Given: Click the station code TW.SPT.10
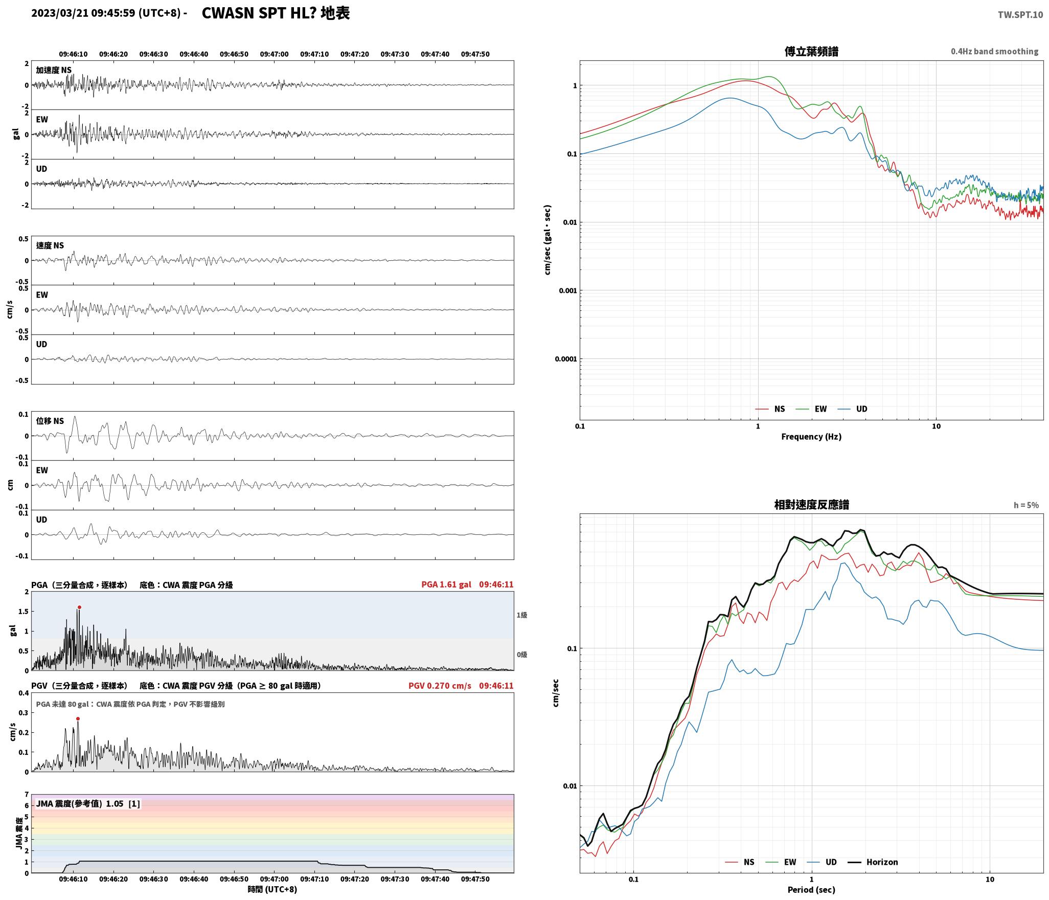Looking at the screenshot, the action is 1020,15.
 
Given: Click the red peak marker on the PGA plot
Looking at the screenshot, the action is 79,607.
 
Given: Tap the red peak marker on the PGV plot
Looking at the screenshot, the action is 78,719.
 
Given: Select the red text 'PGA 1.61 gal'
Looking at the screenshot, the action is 446,584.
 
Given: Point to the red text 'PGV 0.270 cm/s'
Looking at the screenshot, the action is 440,686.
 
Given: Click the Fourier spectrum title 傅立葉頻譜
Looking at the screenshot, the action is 811,52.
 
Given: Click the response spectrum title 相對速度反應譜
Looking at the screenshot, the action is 811,505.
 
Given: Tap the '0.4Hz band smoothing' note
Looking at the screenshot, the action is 994,52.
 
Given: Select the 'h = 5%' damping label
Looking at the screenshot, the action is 1026,505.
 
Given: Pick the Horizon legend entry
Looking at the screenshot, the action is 873,862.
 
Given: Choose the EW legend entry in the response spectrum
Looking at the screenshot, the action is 781,862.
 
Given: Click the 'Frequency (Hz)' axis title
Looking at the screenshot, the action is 811,437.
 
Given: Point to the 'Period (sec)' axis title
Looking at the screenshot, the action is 811,890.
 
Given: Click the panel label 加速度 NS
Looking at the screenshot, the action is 54,70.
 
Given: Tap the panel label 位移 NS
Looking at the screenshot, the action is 50,421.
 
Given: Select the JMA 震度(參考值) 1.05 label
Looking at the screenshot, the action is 80,804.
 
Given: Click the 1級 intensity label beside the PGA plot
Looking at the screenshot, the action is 522,615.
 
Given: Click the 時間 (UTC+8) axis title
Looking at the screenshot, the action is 272,889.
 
